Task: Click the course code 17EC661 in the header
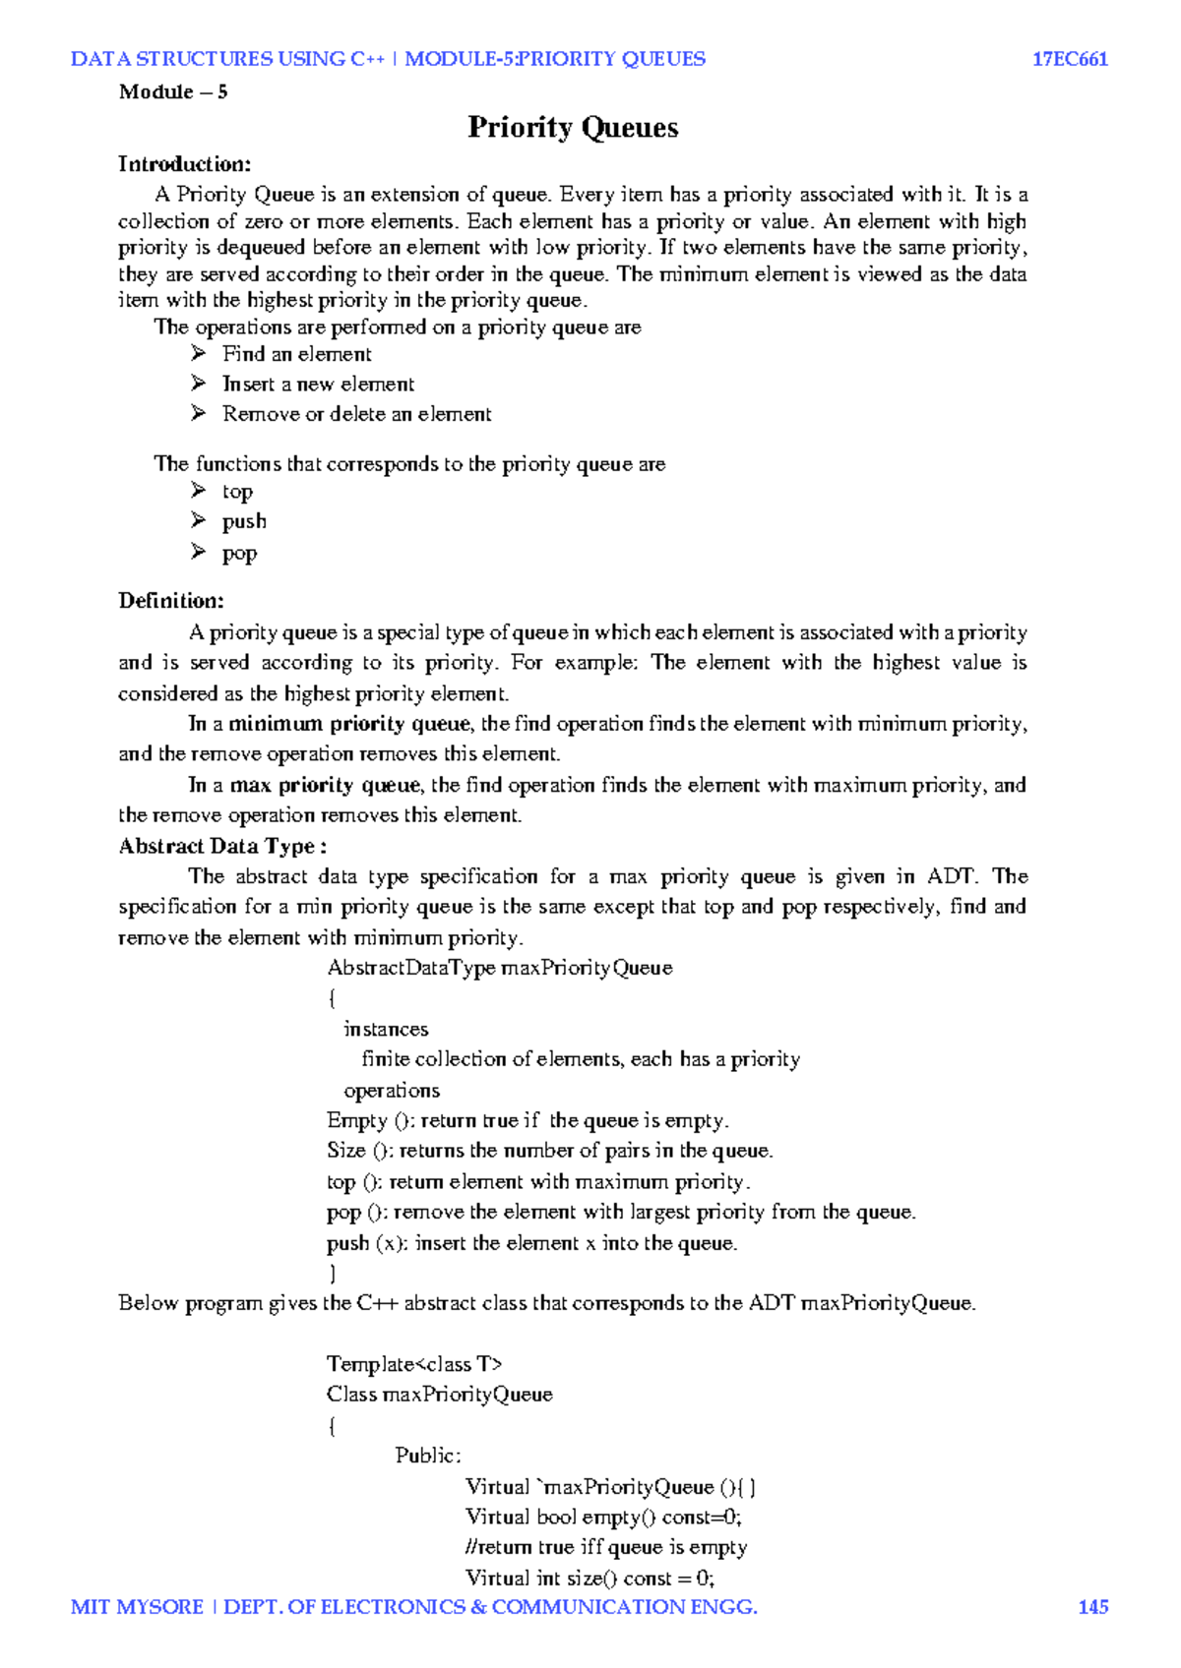click(1070, 59)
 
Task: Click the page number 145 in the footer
click(1092, 1607)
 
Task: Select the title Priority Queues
click(573, 128)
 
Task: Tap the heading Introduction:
click(185, 164)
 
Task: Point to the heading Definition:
click(171, 601)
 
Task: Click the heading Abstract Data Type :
click(222, 846)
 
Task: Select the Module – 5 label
click(173, 92)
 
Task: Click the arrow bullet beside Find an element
click(199, 353)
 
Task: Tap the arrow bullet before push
click(199, 520)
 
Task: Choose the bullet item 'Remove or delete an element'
click(356, 414)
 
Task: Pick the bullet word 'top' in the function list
click(237, 492)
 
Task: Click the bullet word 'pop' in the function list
click(239, 553)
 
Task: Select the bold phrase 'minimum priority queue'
click(349, 724)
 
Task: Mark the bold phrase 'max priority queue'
click(326, 785)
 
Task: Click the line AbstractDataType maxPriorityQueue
click(500, 968)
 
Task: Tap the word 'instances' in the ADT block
click(386, 1029)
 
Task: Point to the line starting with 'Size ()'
click(550, 1151)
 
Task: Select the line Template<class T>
click(414, 1364)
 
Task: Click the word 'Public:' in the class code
click(428, 1456)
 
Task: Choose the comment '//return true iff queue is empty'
click(606, 1547)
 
